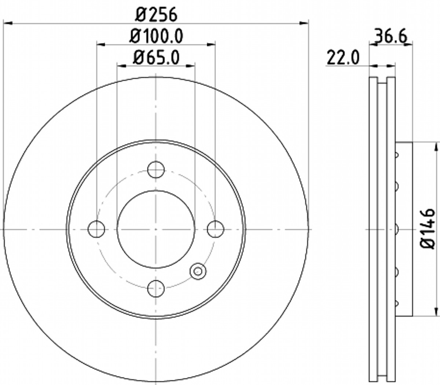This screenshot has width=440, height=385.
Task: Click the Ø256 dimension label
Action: point(156,15)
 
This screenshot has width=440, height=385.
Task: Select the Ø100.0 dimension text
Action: point(156,36)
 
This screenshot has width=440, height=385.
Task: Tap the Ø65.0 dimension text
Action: point(156,58)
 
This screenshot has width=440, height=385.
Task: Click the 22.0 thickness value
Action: point(343,58)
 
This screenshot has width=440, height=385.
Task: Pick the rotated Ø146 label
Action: point(428,229)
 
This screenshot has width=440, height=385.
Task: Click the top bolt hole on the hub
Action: point(156,169)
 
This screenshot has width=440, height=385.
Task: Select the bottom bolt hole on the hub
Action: point(156,288)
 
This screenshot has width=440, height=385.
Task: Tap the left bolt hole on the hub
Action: point(96,229)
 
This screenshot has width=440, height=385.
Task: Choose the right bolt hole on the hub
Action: point(215,229)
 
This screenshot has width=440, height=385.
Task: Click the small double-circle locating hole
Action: point(198,271)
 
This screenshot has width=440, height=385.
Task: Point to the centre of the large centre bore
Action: point(156,229)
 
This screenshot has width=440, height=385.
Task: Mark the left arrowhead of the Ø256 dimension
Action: point(7,23)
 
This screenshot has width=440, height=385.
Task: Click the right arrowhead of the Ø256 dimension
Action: point(304,23)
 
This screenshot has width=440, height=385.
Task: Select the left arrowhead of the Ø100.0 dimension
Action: point(101,44)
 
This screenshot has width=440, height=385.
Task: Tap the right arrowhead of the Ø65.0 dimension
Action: point(190,66)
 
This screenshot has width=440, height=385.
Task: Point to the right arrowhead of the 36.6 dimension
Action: point(409,44)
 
